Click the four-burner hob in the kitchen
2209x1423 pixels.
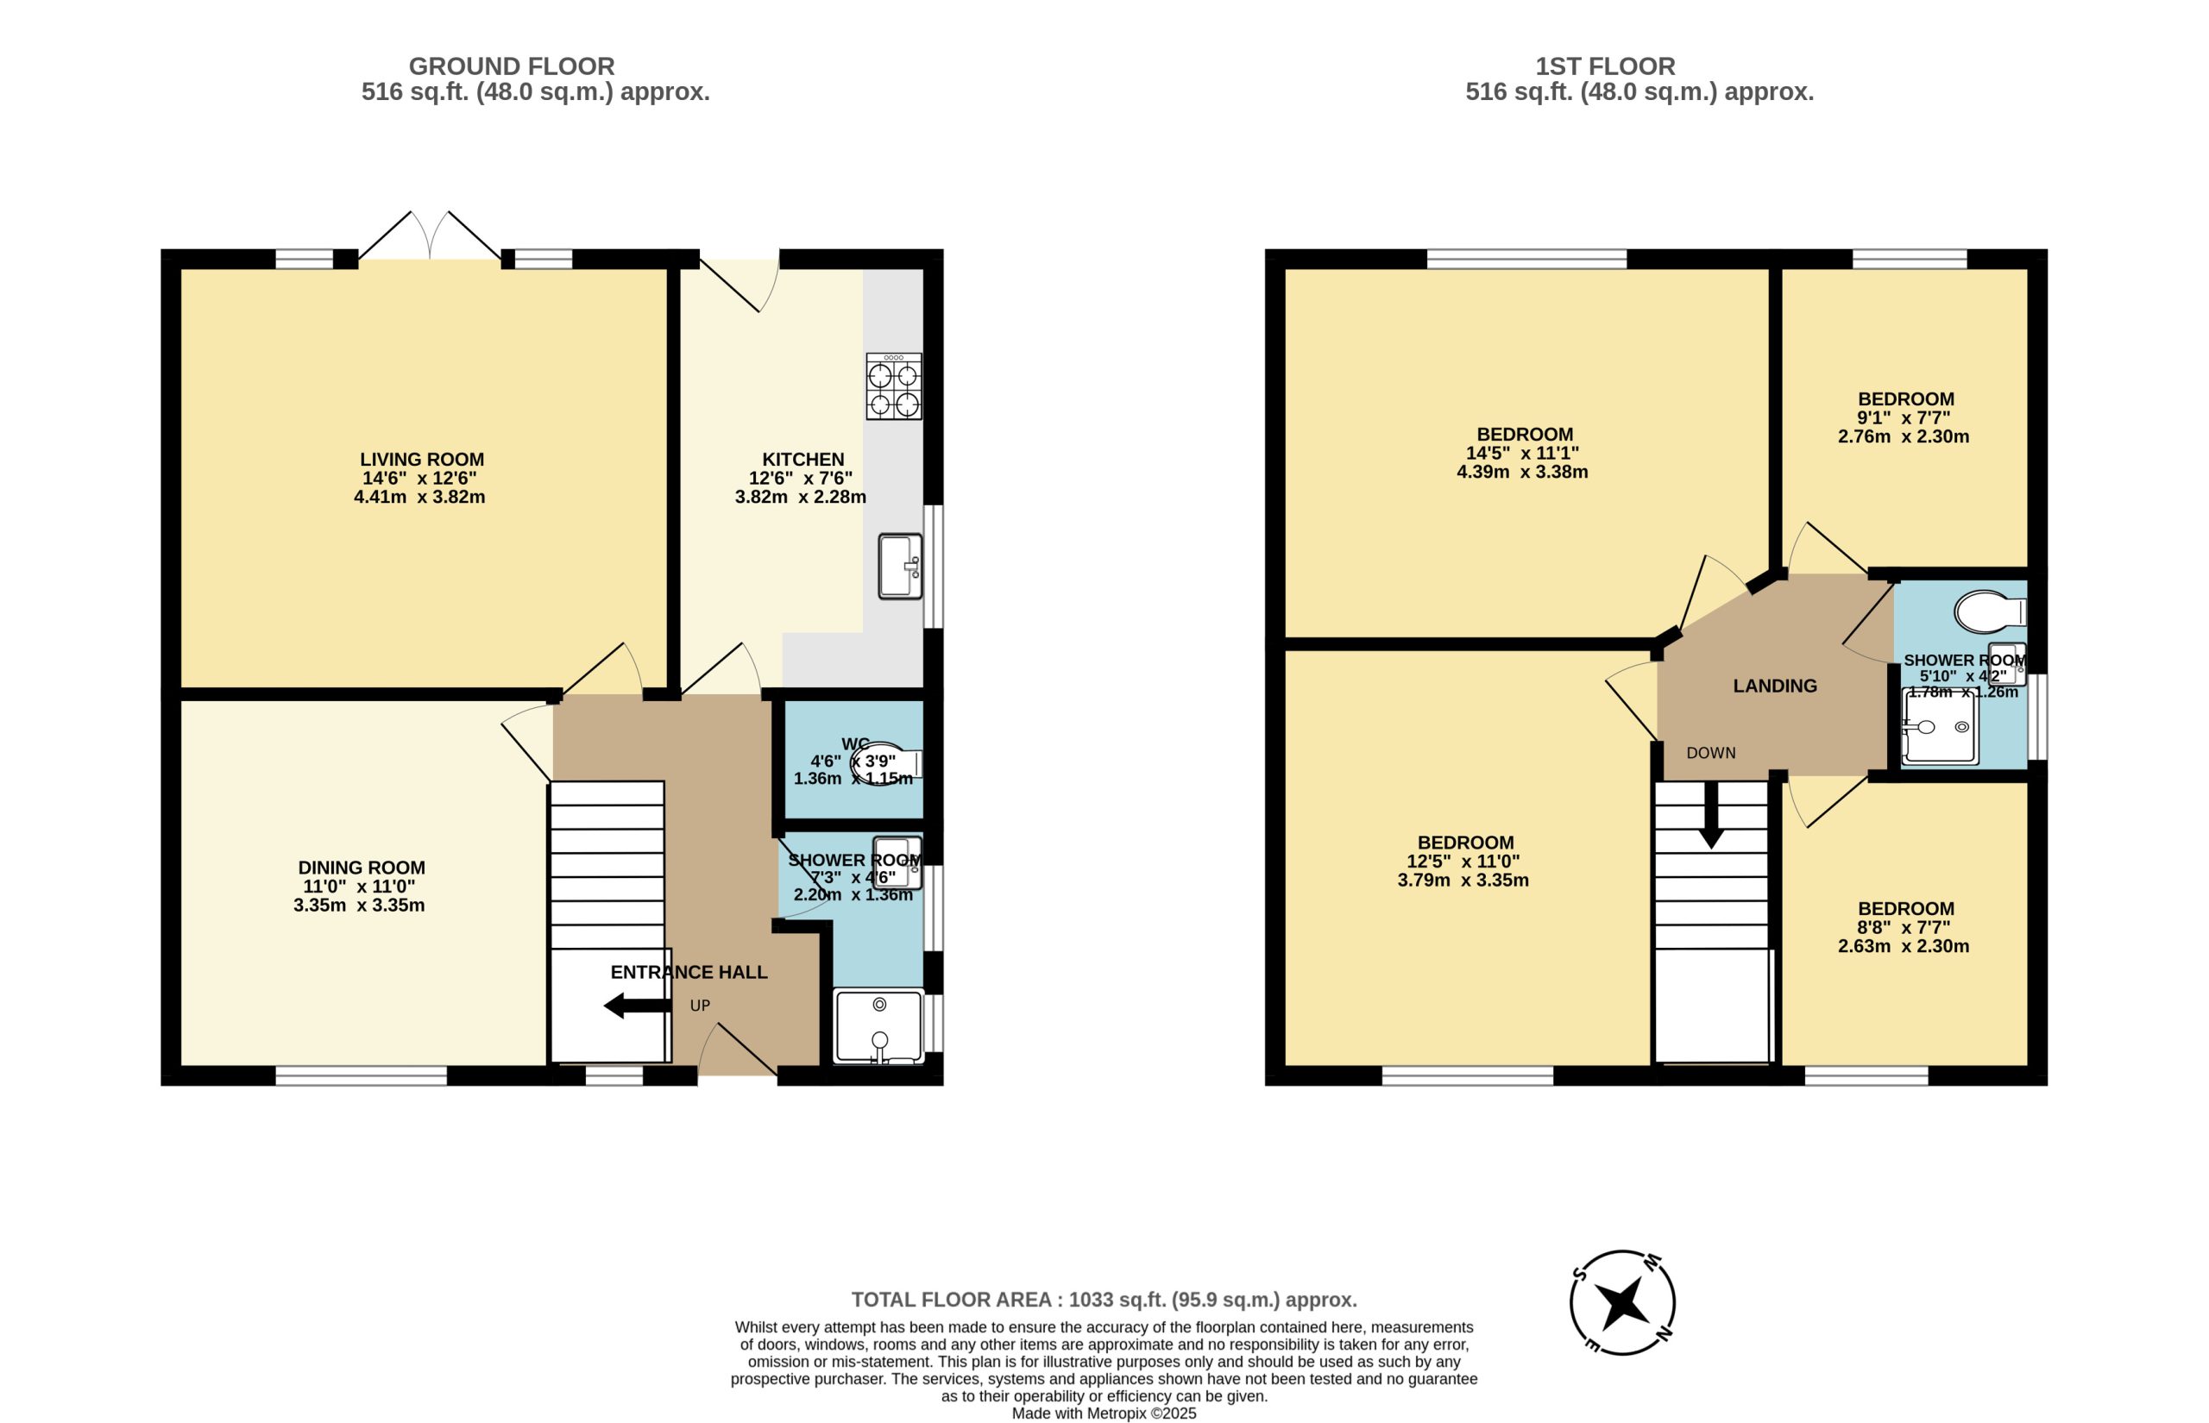point(894,386)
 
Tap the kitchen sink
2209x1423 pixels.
point(900,566)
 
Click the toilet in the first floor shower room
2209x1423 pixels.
point(1991,611)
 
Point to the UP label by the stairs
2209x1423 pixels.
point(700,1006)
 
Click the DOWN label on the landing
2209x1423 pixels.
point(1711,753)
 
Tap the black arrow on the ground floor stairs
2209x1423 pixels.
point(638,1006)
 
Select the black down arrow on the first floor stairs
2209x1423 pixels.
point(1711,815)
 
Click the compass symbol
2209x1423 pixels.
point(1622,1303)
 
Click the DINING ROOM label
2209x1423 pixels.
point(362,868)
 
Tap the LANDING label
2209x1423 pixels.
point(1775,686)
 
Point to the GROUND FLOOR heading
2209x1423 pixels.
point(511,66)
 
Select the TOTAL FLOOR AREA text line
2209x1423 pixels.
point(1104,1301)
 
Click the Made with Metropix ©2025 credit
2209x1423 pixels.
point(1104,1414)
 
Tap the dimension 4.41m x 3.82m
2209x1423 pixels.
point(419,497)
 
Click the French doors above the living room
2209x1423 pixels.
point(430,235)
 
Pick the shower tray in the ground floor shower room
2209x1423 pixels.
point(878,1026)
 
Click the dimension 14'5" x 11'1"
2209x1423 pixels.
point(1522,454)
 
